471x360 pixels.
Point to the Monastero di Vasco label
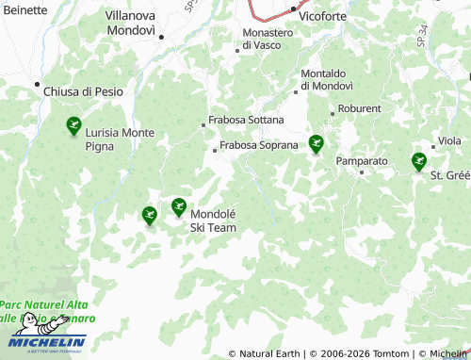268,39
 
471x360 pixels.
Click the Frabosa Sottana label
239,122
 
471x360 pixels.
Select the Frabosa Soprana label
258,146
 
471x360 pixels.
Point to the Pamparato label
362,161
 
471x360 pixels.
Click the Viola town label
448,142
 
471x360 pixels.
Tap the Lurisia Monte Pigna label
120,139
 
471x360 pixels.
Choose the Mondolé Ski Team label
213,221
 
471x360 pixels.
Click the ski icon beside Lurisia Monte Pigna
73,125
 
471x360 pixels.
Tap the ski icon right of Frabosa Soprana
317,145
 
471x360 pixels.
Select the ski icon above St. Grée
419,162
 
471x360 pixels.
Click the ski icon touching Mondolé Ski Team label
179,207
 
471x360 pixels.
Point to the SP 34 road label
421,41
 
